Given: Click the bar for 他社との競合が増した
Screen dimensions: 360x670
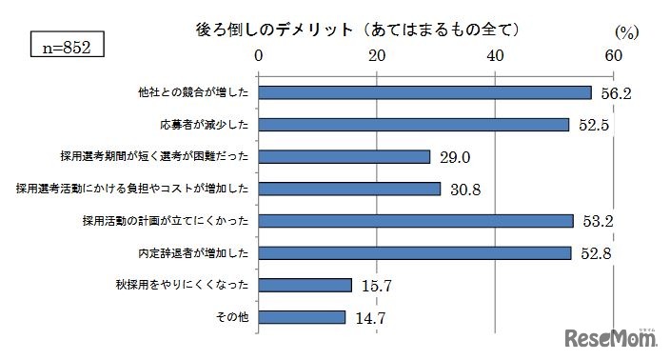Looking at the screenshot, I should (x=424, y=92).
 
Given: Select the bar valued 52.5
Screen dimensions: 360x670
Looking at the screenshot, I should (x=413, y=125).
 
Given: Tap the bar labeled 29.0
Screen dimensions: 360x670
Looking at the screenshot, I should (x=344, y=156).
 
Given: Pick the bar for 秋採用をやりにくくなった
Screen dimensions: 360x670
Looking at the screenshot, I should (x=305, y=285).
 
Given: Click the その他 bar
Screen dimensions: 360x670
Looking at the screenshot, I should (x=302, y=317).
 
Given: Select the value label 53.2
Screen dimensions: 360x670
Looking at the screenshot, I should (x=600, y=222).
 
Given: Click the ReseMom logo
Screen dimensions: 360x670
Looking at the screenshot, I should (x=607, y=338).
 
